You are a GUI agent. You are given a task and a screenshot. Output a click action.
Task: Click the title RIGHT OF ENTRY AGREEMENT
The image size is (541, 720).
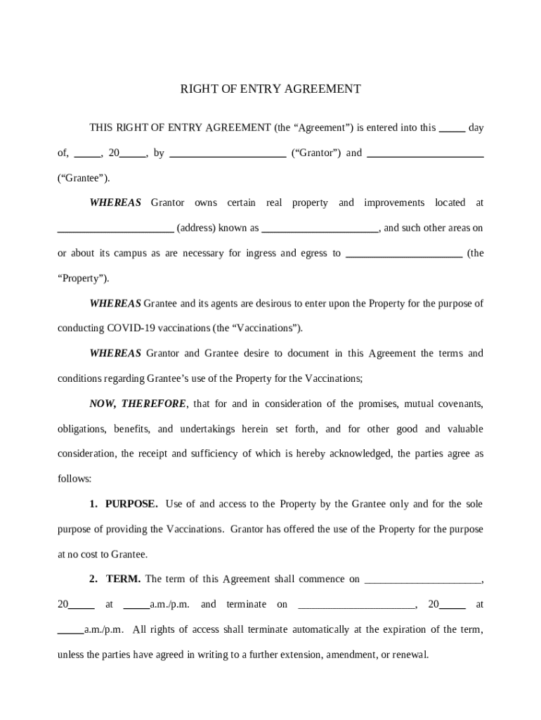[x=270, y=89]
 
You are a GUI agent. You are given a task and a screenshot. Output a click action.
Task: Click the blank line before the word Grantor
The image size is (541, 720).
[x=228, y=154]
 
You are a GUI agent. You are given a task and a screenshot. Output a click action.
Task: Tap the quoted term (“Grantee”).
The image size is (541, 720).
[x=84, y=178]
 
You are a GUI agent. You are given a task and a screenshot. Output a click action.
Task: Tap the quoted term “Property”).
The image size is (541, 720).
[x=83, y=278]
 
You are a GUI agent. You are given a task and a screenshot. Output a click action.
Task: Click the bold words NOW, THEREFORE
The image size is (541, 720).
[x=138, y=404]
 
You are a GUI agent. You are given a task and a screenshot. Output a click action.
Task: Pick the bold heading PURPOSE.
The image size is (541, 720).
[x=131, y=504]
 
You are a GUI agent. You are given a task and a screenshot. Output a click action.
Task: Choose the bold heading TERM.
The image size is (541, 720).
[x=123, y=579]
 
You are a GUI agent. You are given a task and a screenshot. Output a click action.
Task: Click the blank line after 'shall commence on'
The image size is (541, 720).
[x=423, y=581]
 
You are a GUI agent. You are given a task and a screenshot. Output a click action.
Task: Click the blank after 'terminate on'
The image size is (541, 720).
[x=356, y=605]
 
